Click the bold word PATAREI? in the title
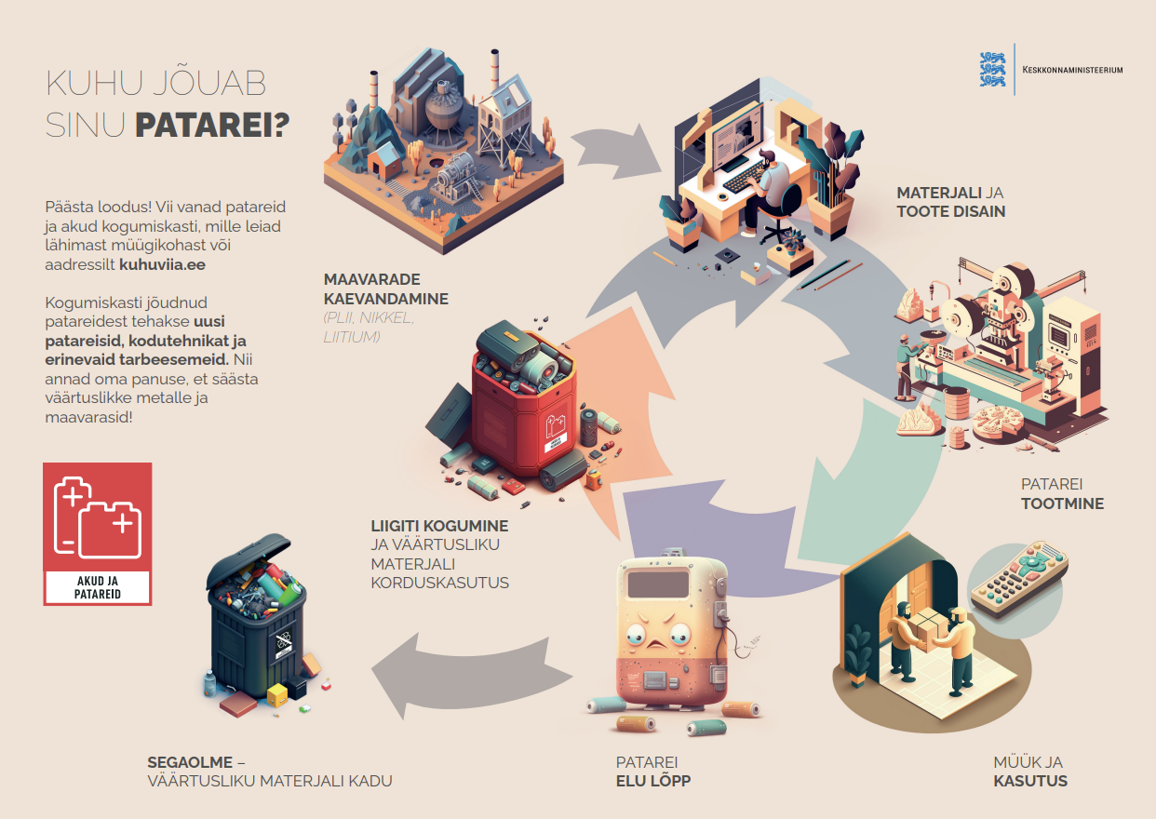pos(212,125)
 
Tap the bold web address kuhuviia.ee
pos(163,264)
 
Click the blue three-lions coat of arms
pos(992,69)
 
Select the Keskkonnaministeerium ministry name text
pos(1072,70)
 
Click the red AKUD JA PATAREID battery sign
pos(98,533)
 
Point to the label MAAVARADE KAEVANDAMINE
pos(386,289)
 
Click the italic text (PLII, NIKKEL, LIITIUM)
pos(369,328)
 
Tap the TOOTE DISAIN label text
pos(950,211)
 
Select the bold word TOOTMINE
pos(1062,503)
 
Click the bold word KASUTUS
pos(1030,781)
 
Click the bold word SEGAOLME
pos(190,762)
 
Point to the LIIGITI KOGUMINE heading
pos(439,526)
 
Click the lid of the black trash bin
pos(249,560)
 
